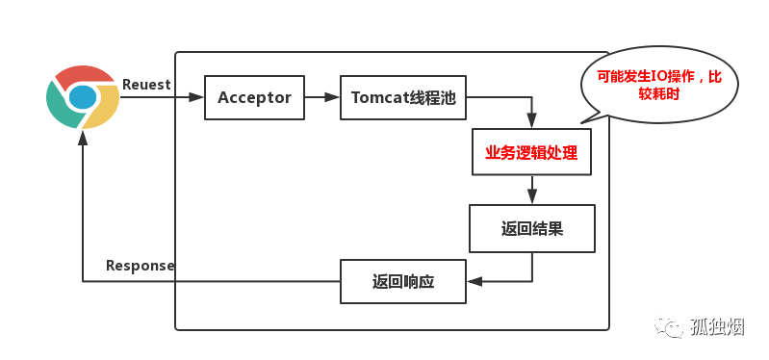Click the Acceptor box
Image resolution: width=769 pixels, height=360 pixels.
click(x=255, y=97)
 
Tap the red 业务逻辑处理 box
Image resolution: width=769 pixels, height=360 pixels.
click(x=531, y=152)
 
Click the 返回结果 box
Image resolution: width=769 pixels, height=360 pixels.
click(x=531, y=228)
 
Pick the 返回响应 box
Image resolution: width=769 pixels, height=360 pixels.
click(x=403, y=282)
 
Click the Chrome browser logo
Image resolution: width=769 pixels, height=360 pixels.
click(x=83, y=97)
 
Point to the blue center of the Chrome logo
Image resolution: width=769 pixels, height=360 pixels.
click(x=83, y=97)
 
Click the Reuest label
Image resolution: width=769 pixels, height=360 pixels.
click(x=146, y=85)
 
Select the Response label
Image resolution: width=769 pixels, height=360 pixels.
click(x=140, y=266)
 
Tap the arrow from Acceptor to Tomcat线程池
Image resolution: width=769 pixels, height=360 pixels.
click(x=321, y=97)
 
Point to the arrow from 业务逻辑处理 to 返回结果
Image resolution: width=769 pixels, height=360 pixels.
click(x=531, y=190)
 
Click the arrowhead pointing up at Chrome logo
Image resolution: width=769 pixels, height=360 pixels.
click(x=83, y=139)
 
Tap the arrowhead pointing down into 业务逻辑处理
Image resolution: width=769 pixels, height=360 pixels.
click(x=531, y=121)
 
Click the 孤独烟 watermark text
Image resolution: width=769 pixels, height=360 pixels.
click(x=718, y=327)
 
